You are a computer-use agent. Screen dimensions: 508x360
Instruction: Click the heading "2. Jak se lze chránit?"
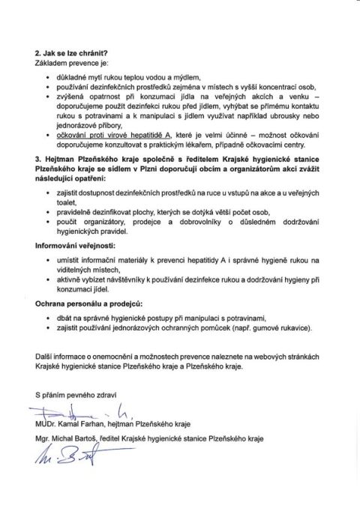pos(70,53)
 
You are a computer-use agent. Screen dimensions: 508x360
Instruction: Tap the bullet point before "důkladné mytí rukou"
pos(49,78)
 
